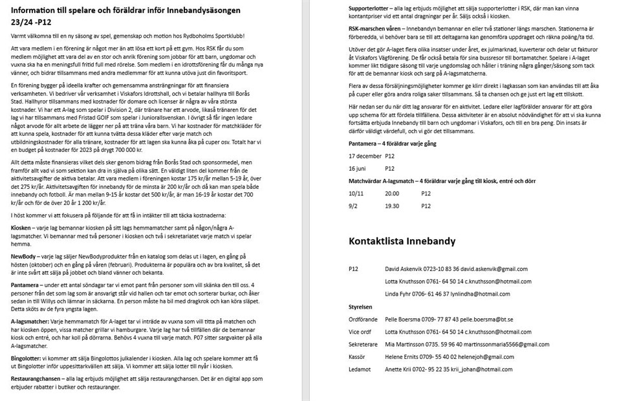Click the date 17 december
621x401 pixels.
pos(365,156)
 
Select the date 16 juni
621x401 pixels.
pos(358,168)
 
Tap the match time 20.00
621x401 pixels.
pos(391,193)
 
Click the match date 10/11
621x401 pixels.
pos(356,193)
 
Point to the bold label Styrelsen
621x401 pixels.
pos(360,307)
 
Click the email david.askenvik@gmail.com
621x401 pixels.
pos(482,269)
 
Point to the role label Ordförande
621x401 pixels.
pos(364,320)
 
